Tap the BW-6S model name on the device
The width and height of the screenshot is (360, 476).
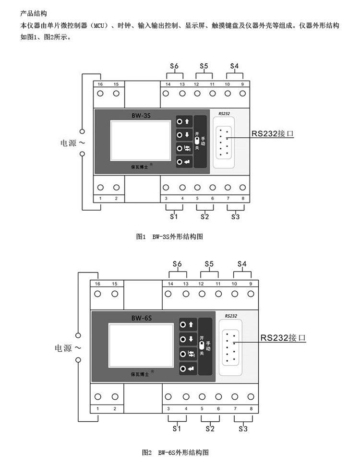coord(142,318)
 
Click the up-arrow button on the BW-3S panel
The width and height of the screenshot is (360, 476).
coord(183,122)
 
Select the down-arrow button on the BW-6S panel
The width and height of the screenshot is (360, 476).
coord(187,339)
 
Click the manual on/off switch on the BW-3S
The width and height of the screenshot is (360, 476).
coord(196,141)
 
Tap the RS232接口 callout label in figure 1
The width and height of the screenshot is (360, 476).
coord(272,134)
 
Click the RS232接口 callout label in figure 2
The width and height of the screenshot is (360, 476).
coord(283,338)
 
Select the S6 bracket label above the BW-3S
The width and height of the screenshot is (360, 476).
coord(174,65)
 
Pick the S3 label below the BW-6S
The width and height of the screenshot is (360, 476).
coord(243,428)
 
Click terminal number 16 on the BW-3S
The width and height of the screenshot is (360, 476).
coord(100,84)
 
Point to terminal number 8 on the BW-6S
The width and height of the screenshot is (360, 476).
coord(251,409)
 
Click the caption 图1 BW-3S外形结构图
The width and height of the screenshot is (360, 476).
coord(170,236)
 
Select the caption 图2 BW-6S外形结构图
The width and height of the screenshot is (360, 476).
coord(175,452)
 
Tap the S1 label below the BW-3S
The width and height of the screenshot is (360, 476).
coord(174,216)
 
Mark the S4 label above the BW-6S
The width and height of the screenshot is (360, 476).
coord(242,264)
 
